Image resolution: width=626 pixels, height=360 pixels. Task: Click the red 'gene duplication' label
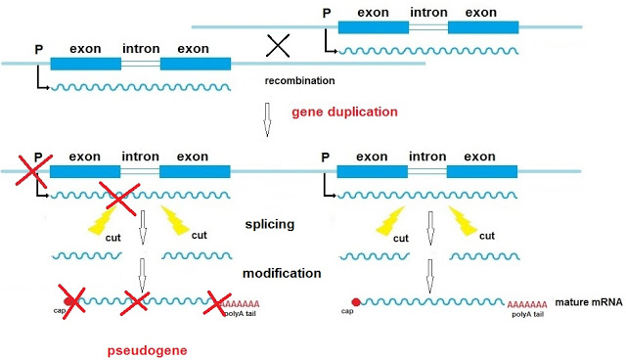click(344, 112)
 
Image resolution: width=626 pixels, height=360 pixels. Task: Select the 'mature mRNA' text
click(589, 304)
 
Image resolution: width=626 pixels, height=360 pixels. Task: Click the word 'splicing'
click(270, 224)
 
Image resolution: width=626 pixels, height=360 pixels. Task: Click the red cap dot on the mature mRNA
click(355, 303)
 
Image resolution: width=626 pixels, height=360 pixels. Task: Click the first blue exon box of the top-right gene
click(373, 27)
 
